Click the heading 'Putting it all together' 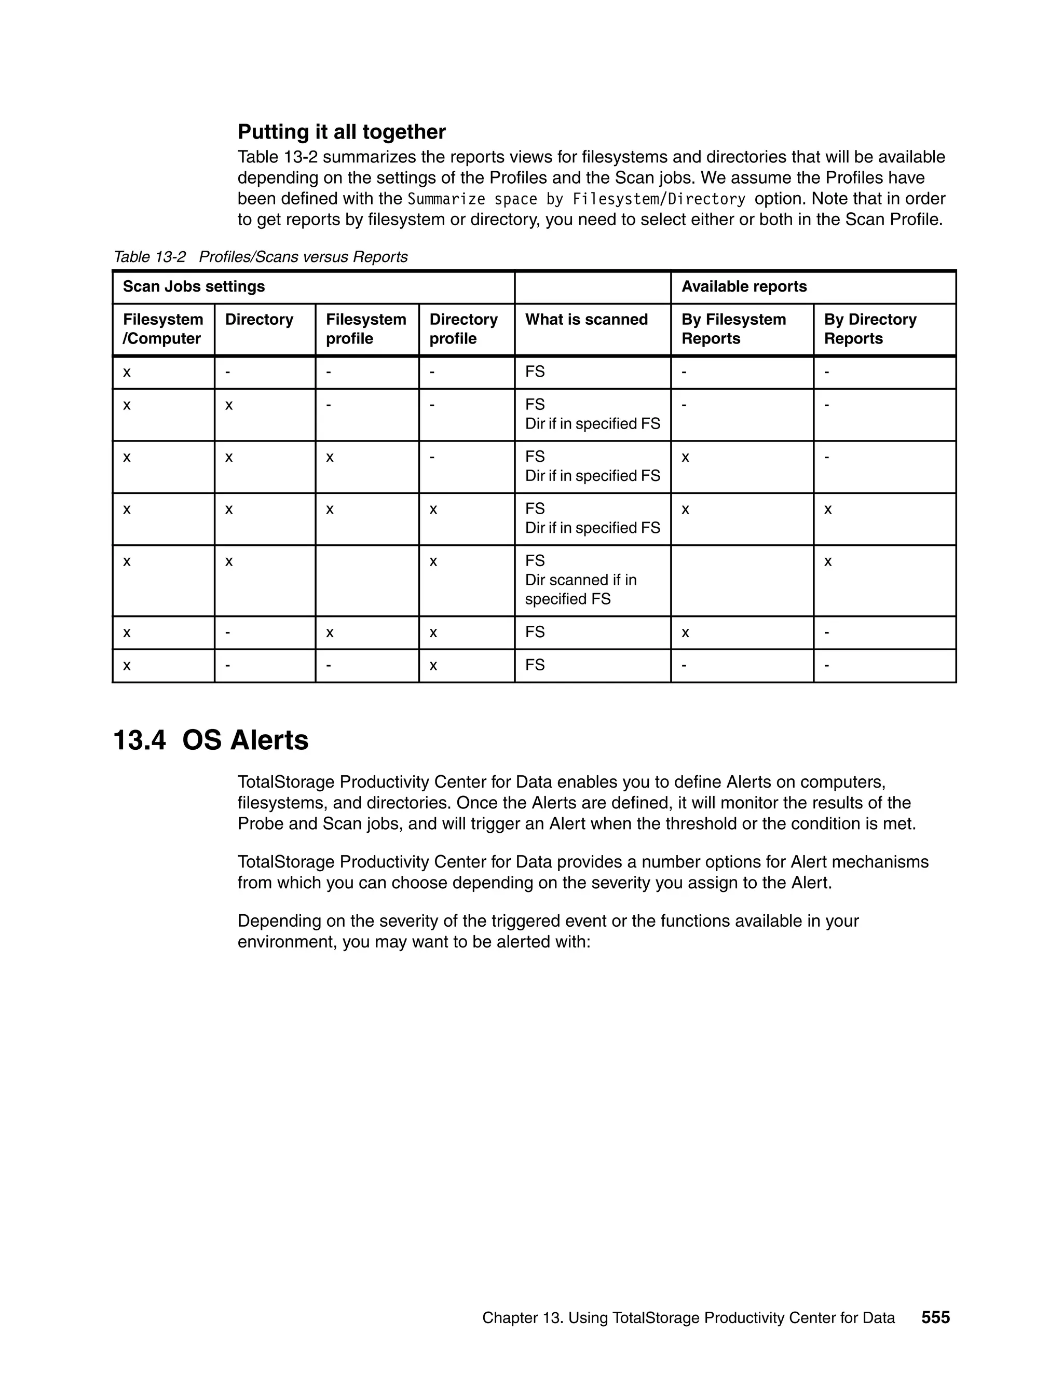(x=342, y=132)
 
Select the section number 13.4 (x=139, y=740)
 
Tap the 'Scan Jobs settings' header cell (x=194, y=287)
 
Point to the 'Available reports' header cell (x=744, y=287)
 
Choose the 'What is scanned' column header (x=587, y=320)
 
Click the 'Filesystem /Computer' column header (x=162, y=329)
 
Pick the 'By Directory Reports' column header (x=870, y=329)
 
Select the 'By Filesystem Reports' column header (x=733, y=329)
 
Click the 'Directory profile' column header (x=463, y=329)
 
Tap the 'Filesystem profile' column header (x=366, y=329)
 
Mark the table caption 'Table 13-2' (x=150, y=257)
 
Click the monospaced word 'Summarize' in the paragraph (x=446, y=200)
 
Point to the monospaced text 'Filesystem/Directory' (x=659, y=200)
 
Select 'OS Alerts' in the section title (x=245, y=740)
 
